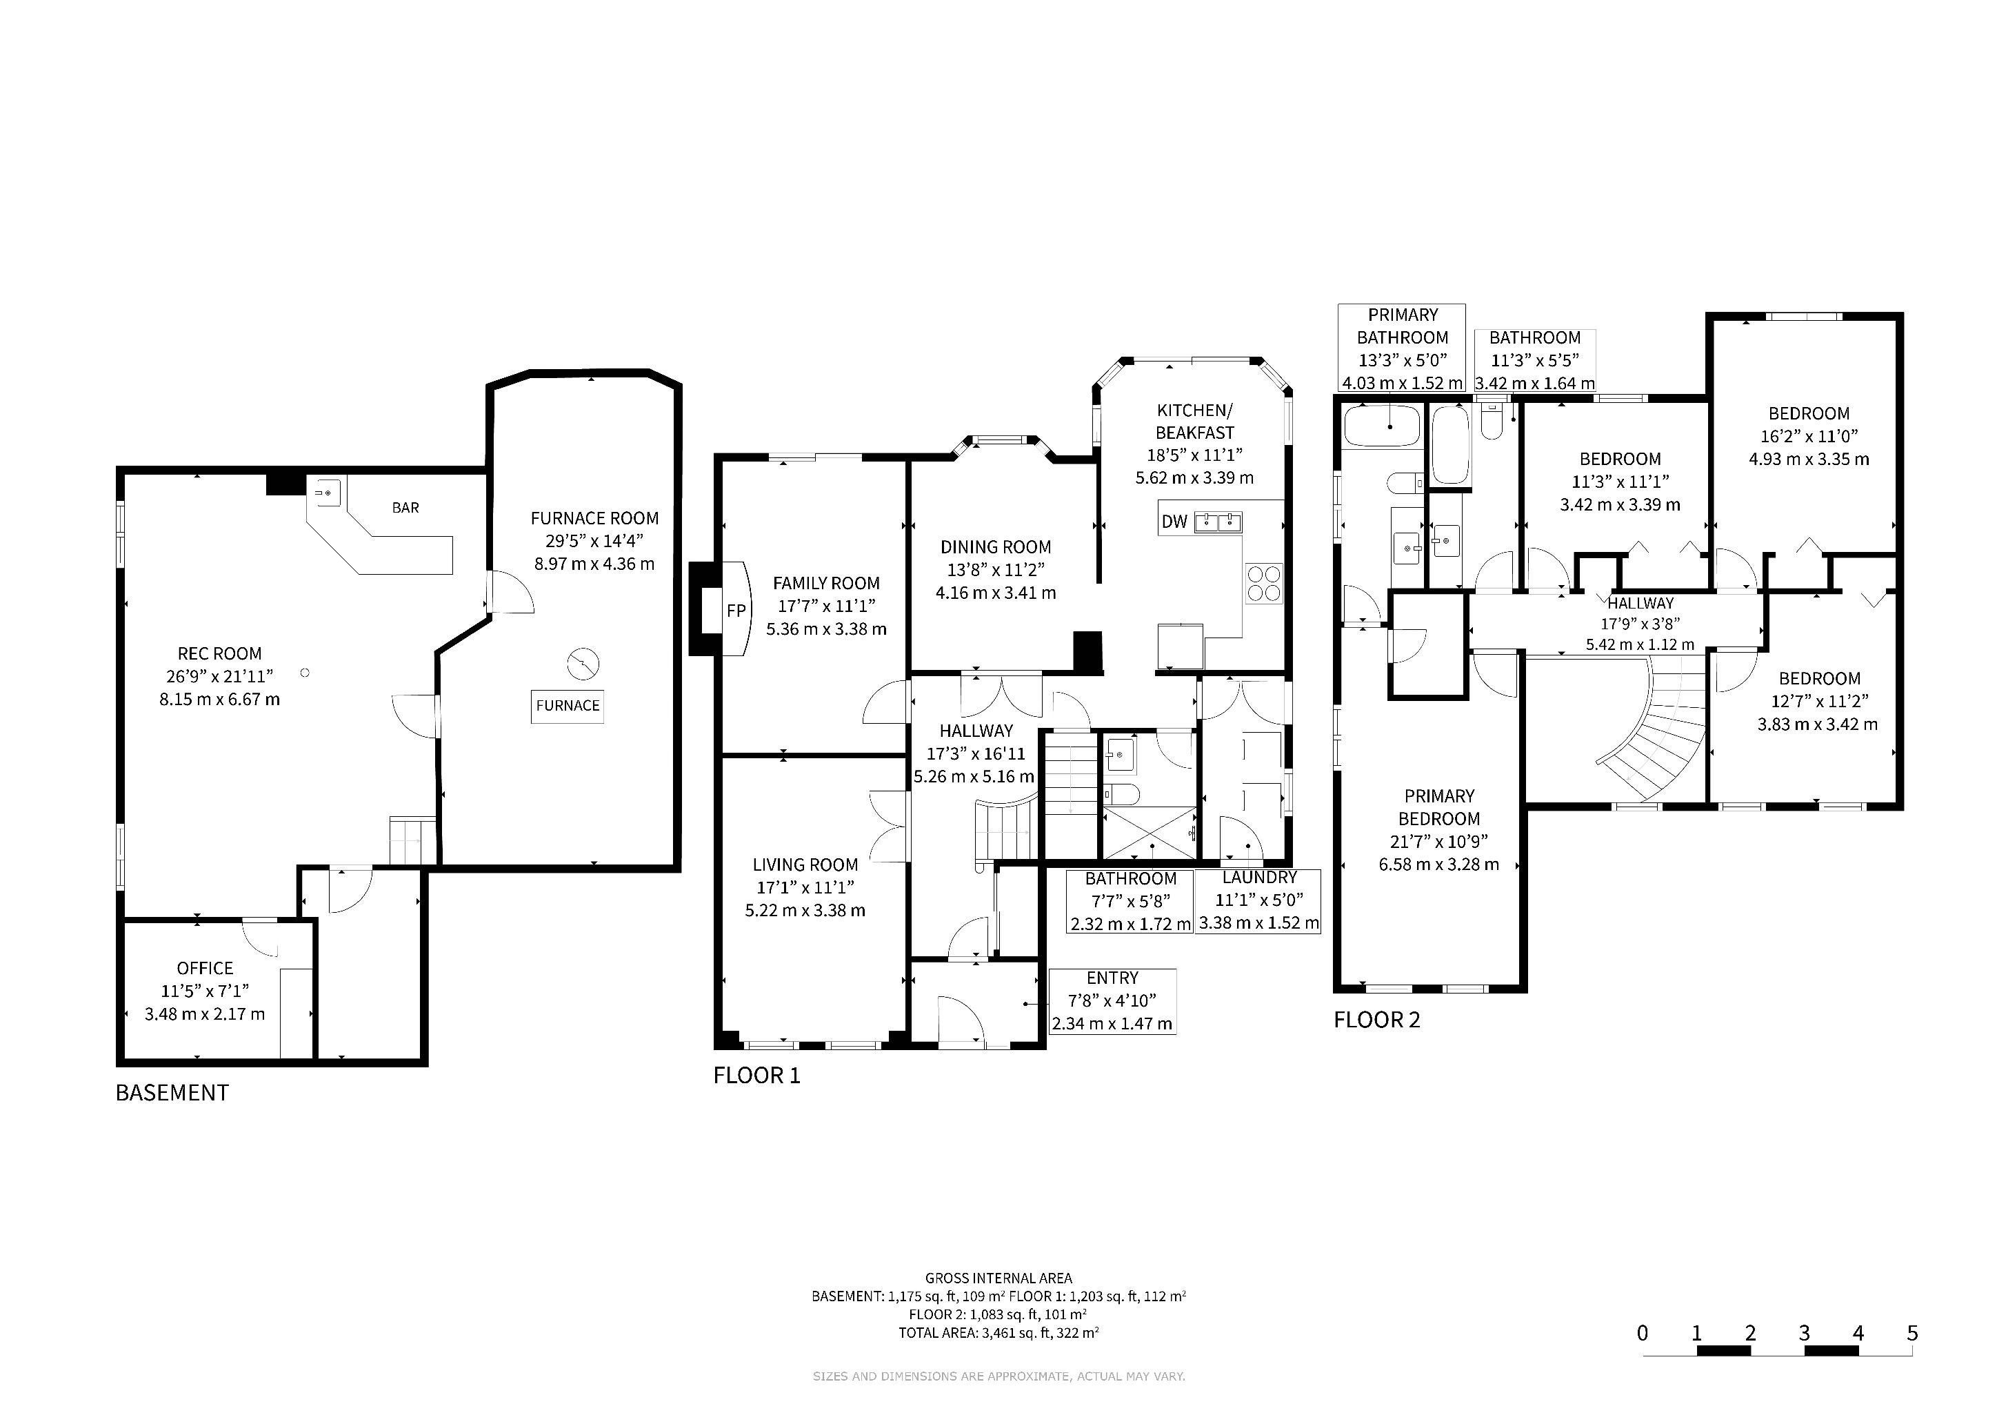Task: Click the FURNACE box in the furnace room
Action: (567, 706)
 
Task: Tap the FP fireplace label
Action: (736, 611)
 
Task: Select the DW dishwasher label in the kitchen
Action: (1174, 522)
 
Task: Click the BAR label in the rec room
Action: (405, 507)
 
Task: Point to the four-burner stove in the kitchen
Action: (1265, 583)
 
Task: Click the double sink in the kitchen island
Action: (1218, 522)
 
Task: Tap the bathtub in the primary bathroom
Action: (1382, 426)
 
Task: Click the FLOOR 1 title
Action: (756, 1076)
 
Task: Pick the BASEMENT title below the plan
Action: (172, 1093)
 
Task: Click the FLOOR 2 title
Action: (1377, 1020)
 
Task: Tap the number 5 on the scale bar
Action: (1911, 1332)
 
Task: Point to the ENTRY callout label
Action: (1112, 978)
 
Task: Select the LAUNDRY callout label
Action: (1258, 877)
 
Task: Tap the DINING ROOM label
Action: (996, 547)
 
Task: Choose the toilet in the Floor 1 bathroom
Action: (1121, 794)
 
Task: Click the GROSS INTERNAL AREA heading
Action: (998, 1278)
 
